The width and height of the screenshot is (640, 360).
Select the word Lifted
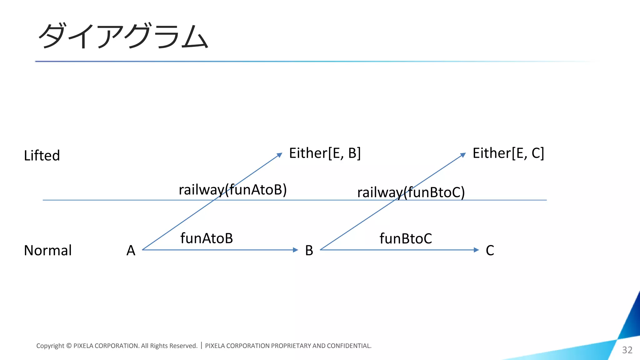tap(42, 155)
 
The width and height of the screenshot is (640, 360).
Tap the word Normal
tap(48, 250)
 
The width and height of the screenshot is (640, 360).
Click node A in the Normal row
tap(131, 250)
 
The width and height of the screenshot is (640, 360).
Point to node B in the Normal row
tap(309, 250)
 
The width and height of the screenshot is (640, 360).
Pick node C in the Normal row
tap(490, 250)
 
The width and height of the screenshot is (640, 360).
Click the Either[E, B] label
tap(325, 153)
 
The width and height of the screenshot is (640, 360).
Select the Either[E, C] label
tap(508, 153)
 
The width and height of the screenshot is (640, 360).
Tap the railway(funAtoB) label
tap(232, 190)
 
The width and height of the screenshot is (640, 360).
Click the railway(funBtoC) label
tap(411, 192)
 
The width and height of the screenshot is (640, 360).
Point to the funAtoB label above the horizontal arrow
tap(207, 238)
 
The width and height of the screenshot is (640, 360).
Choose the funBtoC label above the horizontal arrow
tap(406, 238)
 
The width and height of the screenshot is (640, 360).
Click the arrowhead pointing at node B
tap(296, 250)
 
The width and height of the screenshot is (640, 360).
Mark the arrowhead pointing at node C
tap(476, 250)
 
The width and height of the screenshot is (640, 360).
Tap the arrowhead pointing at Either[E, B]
tap(280, 155)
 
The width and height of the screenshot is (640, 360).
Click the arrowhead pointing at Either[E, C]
tap(463, 155)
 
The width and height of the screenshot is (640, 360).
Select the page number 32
tap(627, 350)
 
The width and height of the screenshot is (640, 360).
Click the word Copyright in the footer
tap(50, 346)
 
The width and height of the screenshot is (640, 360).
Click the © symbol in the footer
tap(69, 346)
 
